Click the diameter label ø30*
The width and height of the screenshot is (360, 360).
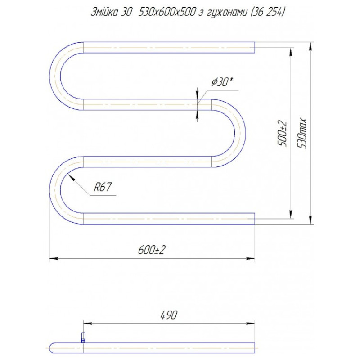click(221, 82)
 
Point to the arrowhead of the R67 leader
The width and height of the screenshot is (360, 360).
click(70, 176)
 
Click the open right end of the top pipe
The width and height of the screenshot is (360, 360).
click(254, 47)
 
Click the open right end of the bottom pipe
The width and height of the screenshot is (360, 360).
click(254, 218)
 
